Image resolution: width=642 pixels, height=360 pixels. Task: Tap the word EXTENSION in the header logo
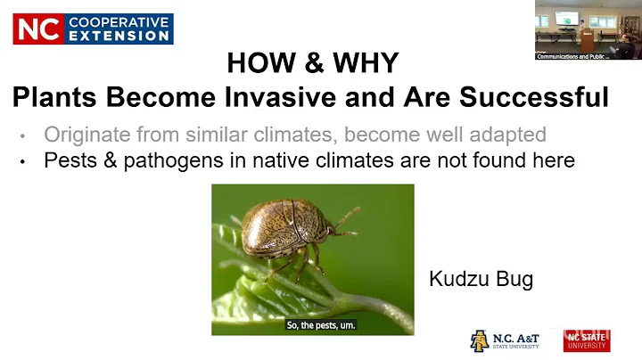(119, 36)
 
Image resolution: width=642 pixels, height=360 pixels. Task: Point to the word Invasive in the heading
(301, 96)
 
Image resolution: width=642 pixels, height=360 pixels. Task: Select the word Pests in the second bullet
(70, 161)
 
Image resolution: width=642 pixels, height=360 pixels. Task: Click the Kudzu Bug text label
(481, 279)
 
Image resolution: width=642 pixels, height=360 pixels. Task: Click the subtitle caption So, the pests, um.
(321, 325)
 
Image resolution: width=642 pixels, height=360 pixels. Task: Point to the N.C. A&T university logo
(504, 340)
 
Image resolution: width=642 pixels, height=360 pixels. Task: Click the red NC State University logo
(586, 340)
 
